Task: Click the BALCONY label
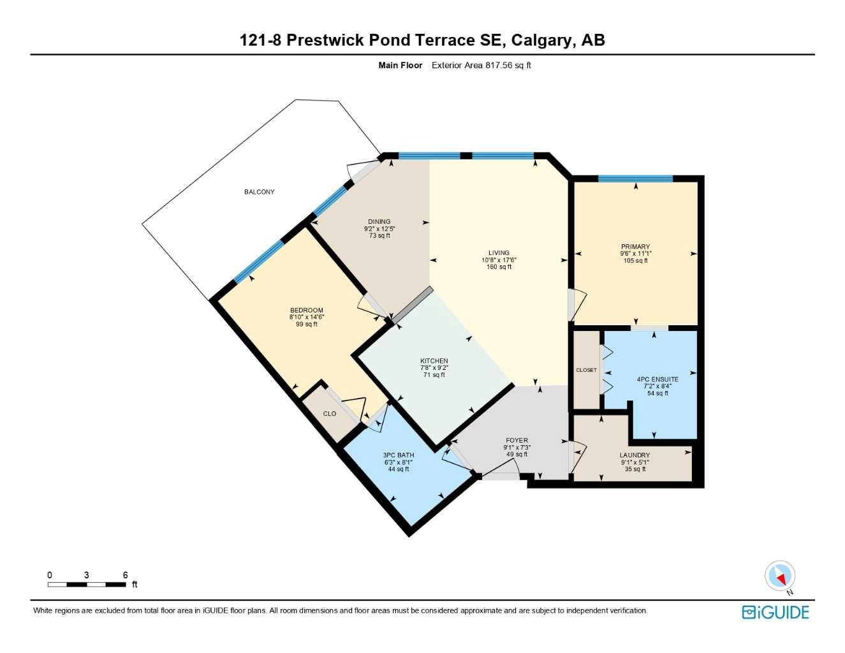259,192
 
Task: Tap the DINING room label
379,222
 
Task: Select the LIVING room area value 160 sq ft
499,267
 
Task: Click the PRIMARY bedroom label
635,247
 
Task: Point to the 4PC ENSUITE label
658,379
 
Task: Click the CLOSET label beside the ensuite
586,371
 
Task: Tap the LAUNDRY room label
635,455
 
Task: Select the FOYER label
517,441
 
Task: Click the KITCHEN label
434,361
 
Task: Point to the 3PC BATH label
399,455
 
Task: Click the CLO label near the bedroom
329,414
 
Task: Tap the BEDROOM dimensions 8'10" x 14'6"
306,318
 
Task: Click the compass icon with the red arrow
779,576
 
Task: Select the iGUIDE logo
775,613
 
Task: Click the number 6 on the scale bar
125,575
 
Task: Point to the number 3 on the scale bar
86,575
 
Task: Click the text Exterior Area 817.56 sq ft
481,65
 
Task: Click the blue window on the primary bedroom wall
635,179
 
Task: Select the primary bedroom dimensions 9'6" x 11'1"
635,254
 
